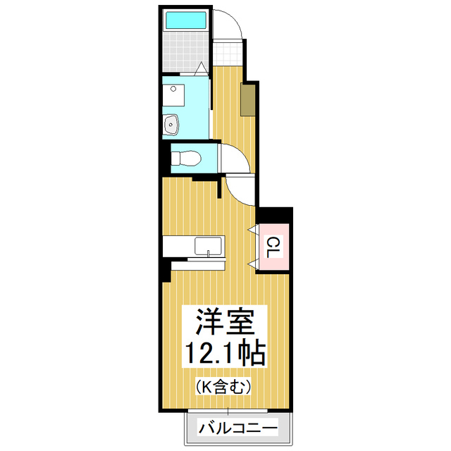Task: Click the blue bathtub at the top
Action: pos(186,20)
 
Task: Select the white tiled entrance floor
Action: pos(228,53)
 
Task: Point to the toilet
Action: pos(186,157)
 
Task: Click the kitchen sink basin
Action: pos(209,247)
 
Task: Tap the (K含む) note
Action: pos(223,385)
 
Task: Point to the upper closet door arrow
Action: pos(251,230)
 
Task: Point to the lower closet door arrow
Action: pos(252,264)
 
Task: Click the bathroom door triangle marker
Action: pos(201,68)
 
